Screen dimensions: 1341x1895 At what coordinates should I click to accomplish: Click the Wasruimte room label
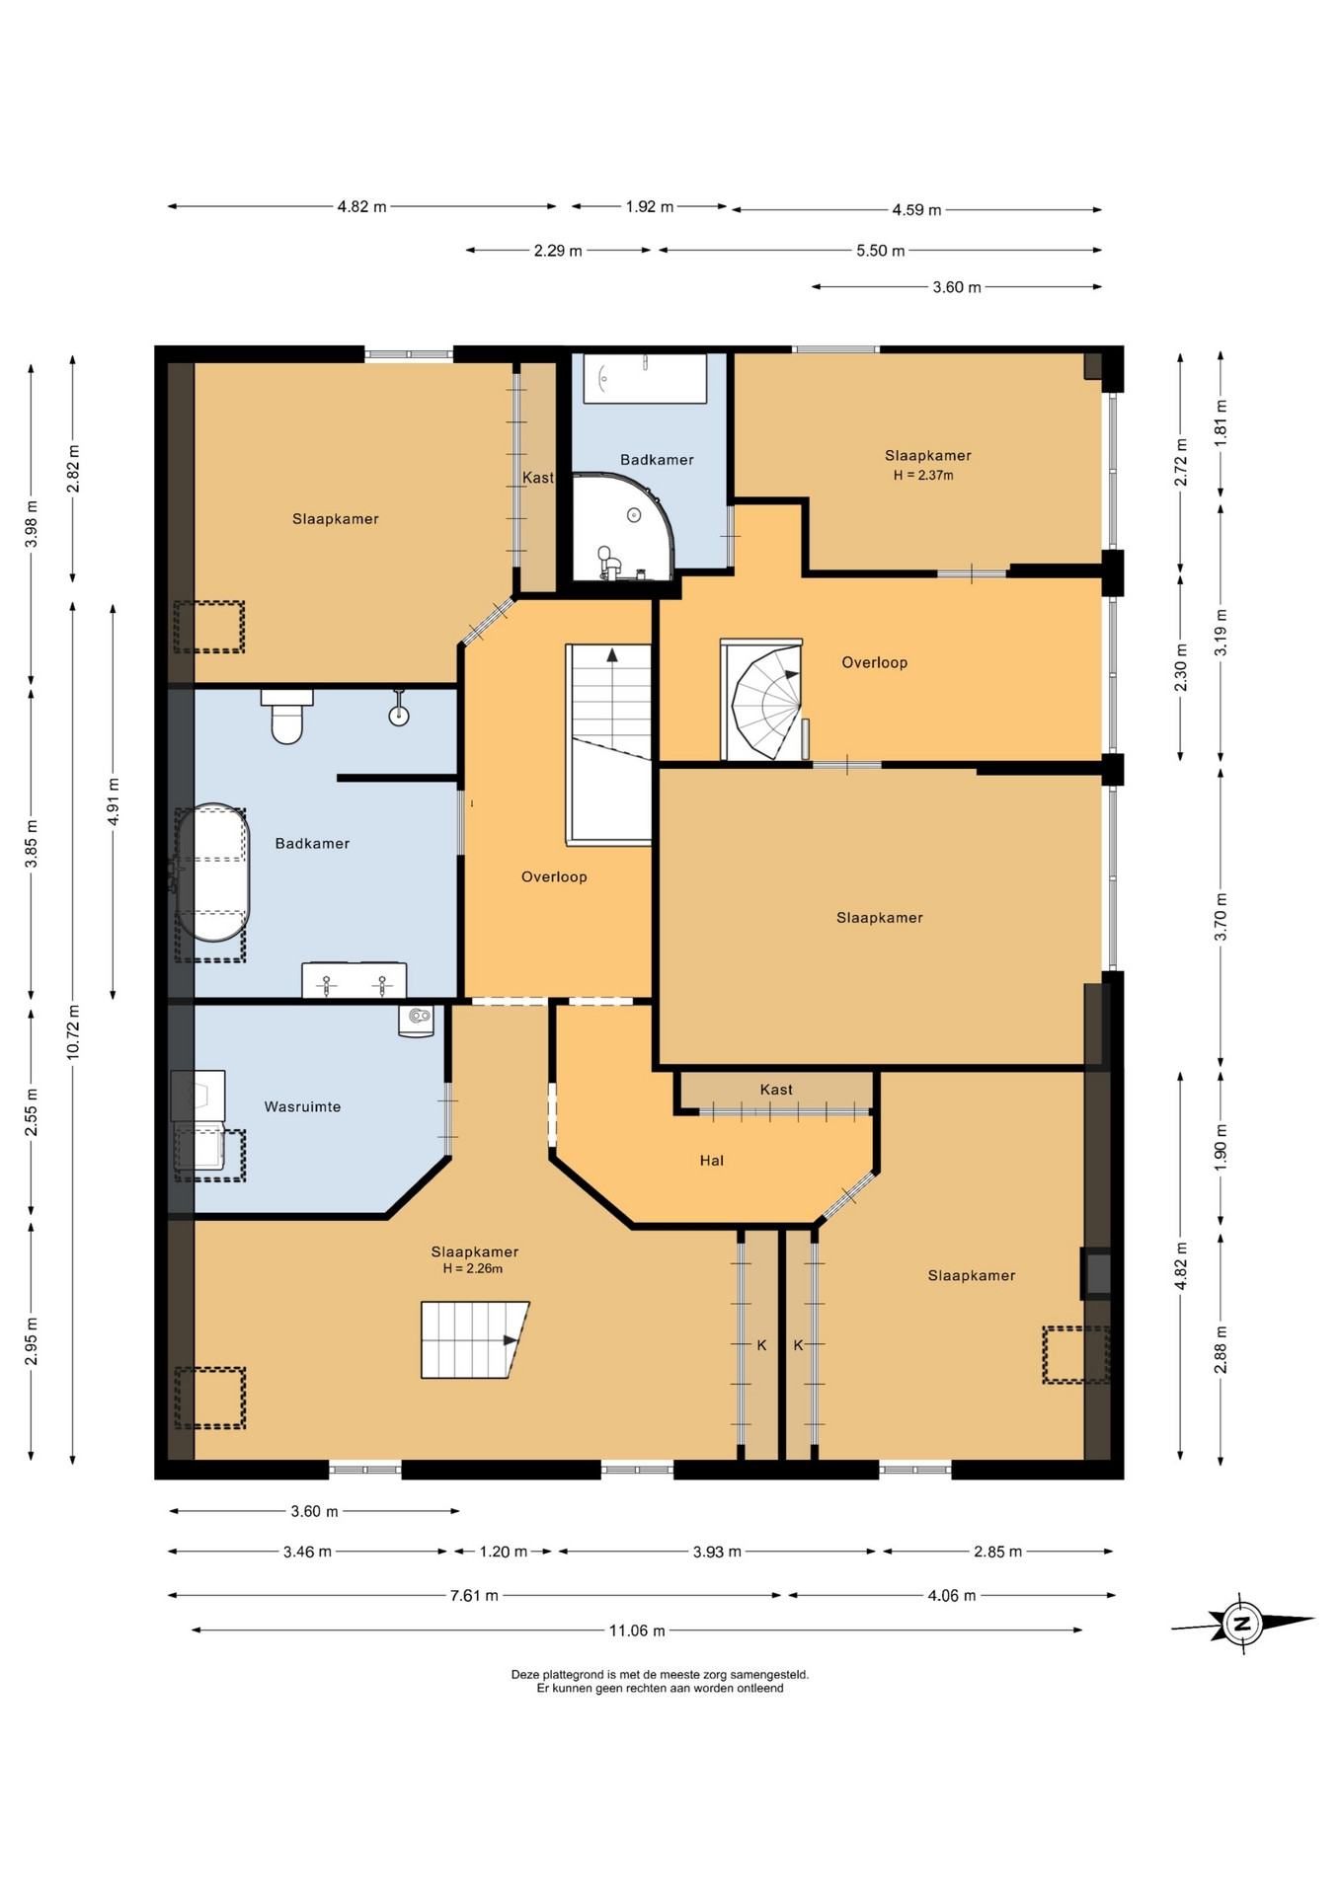(302, 1106)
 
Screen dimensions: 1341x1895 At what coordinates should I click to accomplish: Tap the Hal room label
(711, 1161)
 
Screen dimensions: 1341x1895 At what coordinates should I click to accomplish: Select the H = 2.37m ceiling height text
(923, 475)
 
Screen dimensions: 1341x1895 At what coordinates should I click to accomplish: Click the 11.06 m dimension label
(637, 1630)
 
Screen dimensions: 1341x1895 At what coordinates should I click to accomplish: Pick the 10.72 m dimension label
(73, 1032)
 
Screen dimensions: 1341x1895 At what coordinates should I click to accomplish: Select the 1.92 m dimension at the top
(649, 207)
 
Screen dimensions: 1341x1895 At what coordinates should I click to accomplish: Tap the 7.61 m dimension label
(474, 1595)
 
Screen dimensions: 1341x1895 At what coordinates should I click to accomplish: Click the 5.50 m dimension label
(880, 251)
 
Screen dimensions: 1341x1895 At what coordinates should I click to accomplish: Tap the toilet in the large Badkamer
(286, 716)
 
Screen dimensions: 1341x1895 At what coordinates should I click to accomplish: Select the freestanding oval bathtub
(211, 873)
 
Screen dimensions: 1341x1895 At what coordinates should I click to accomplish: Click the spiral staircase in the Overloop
(764, 700)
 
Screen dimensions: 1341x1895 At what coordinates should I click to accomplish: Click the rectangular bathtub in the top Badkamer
(645, 378)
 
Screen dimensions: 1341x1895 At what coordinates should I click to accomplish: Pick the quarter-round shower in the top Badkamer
(622, 527)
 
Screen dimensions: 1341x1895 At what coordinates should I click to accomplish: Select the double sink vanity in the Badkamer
(354, 980)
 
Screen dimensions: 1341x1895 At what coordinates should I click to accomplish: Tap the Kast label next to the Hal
(776, 1090)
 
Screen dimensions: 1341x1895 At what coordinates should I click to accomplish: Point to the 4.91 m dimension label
(114, 801)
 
